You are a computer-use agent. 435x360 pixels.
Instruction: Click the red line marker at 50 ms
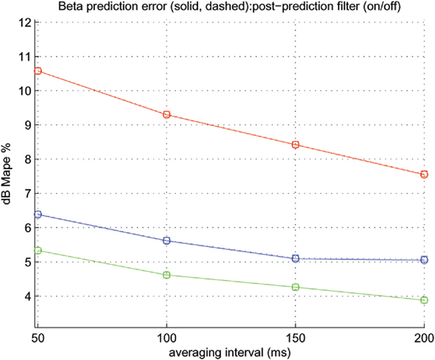[38, 71]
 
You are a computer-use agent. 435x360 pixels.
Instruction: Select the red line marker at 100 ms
[167, 115]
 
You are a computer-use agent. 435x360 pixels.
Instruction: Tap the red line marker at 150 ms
[296, 144]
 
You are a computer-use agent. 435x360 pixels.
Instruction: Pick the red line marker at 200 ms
[424, 174]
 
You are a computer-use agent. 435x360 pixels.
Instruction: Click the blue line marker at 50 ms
[38, 214]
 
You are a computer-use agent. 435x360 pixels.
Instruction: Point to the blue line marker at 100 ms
[167, 240]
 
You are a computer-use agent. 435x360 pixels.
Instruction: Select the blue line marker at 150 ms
[296, 258]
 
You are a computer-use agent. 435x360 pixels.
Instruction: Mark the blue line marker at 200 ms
[424, 260]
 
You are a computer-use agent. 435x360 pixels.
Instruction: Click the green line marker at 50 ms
[38, 250]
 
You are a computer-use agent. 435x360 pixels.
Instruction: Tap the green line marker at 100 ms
[167, 275]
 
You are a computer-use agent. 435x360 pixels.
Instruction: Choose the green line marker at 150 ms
[296, 287]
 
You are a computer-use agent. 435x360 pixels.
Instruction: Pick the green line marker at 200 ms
[424, 300]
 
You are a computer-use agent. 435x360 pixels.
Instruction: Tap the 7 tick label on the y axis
[25, 194]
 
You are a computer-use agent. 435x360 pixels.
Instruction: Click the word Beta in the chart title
[89, 7]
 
